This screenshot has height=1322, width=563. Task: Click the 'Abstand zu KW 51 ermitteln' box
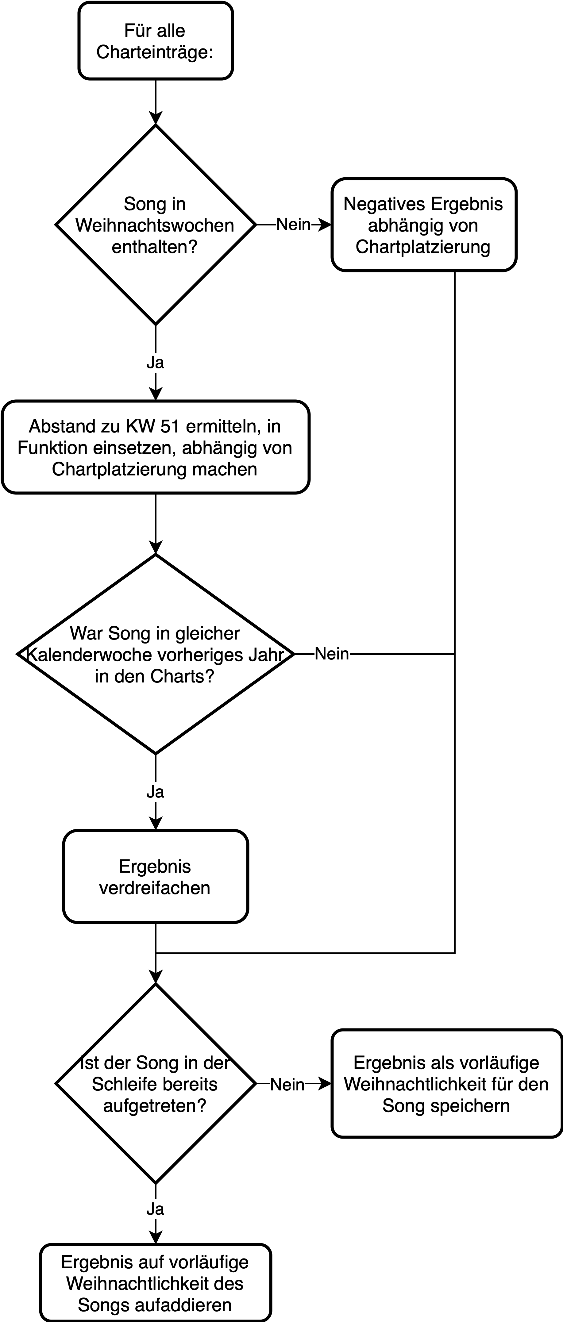[x=156, y=447]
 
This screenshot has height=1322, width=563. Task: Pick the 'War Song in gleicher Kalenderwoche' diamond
[x=156, y=654]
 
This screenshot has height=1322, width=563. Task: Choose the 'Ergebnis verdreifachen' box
[x=156, y=877]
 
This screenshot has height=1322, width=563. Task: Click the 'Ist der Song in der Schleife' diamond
[x=156, y=1084]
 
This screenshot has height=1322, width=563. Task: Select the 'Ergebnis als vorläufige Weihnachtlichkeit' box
[x=446, y=1084]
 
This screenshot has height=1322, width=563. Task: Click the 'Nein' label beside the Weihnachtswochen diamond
[x=294, y=224]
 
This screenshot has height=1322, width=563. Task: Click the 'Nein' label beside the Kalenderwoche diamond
[x=332, y=654]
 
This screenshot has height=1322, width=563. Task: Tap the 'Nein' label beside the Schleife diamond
[x=287, y=1084]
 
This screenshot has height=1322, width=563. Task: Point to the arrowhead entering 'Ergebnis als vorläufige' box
[x=326, y=1084]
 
